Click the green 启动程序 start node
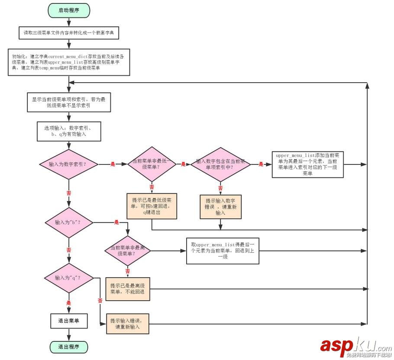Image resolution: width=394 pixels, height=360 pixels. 68,10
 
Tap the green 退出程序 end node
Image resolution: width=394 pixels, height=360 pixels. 68,347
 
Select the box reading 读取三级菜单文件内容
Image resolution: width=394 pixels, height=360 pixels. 68,32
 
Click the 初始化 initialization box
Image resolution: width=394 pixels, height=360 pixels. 68,62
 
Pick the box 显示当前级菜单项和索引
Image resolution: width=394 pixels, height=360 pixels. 69,103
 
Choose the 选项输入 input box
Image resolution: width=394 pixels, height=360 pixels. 69,131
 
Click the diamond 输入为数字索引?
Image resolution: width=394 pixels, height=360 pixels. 69,164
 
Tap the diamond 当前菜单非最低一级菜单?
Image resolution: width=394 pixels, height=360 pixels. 152,164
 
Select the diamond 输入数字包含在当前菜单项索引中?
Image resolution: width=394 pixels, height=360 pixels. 220,164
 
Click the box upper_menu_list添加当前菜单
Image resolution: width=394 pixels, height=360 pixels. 307,164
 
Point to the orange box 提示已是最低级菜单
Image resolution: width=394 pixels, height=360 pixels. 152,206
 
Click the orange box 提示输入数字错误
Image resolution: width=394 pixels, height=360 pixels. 220,207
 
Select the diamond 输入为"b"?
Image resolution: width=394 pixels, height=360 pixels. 69,222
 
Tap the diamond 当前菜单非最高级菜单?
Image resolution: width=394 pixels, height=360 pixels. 128,251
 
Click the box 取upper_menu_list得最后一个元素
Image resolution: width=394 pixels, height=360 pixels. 223,251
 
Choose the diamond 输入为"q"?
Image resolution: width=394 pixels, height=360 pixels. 69,277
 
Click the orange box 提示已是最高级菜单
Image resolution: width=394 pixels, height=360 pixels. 128,289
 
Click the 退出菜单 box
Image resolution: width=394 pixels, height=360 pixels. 68,321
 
